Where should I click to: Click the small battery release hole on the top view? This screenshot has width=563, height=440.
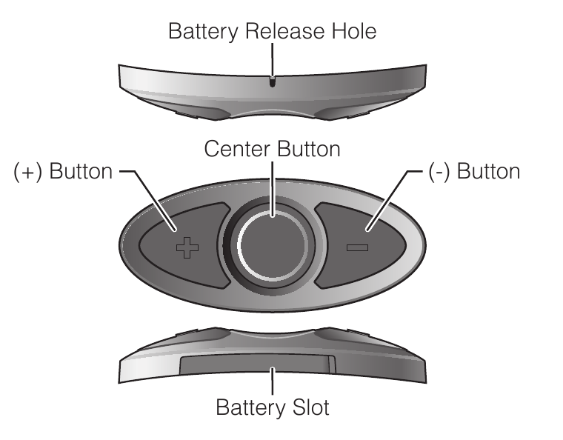[272, 82]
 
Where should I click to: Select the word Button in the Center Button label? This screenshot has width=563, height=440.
[308, 149]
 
